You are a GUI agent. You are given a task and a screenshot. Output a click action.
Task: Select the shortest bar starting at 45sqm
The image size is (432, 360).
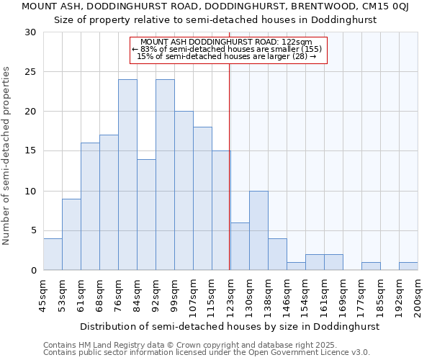(x=53, y=254)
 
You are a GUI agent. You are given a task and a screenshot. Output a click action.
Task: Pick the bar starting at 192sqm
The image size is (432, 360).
(x=408, y=266)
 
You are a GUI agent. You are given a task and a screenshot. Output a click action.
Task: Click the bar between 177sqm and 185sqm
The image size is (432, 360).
(x=371, y=266)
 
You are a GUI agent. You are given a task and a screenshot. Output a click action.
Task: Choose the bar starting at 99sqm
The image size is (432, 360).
(x=184, y=191)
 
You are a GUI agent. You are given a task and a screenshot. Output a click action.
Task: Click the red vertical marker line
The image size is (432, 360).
(x=229, y=166)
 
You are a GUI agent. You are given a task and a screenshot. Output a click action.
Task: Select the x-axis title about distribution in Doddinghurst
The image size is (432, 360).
(x=229, y=326)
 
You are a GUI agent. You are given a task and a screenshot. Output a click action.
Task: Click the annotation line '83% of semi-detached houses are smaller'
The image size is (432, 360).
(x=228, y=49)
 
